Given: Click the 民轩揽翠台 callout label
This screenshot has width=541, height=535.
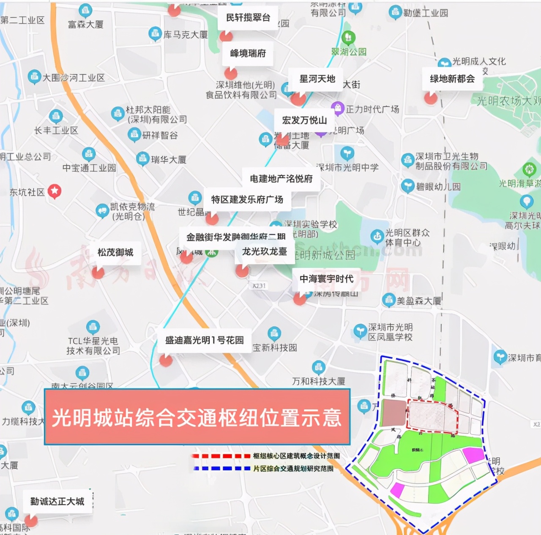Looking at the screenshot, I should (x=248, y=18).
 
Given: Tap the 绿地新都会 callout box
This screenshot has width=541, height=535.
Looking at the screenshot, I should (x=452, y=79).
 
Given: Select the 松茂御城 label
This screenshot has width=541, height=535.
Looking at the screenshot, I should (x=115, y=253).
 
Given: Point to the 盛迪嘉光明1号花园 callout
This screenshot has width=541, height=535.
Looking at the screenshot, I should (x=204, y=340).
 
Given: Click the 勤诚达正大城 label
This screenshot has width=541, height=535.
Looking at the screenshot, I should (x=57, y=502).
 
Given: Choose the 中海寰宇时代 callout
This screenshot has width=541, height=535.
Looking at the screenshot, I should (x=326, y=279).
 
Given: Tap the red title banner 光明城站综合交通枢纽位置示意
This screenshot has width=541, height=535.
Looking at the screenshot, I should (x=197, y=417).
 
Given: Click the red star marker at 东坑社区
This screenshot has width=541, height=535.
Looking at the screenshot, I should (x=55, y=191).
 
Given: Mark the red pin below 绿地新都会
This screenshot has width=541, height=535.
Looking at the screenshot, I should (x=431, y=98).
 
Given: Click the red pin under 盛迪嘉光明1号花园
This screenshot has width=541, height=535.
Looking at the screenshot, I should (x=166, y=360).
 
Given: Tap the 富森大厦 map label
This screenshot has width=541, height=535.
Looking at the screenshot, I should (x=86, y=25).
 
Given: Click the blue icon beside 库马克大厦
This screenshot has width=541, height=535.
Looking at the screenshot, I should (x=155, y=34).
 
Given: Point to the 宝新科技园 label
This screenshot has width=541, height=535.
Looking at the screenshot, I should (x=275, y=348).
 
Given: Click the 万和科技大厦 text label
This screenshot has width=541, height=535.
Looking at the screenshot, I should (x=319, y=381).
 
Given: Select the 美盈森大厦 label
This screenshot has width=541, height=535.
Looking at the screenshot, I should (x=419, y=301).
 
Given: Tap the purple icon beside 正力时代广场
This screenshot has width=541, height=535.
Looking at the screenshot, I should (x=337, y=108).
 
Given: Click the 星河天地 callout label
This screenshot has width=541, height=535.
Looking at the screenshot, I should (x=317, y=79).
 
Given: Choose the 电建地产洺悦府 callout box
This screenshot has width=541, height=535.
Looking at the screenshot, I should (x=281, y=179).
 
